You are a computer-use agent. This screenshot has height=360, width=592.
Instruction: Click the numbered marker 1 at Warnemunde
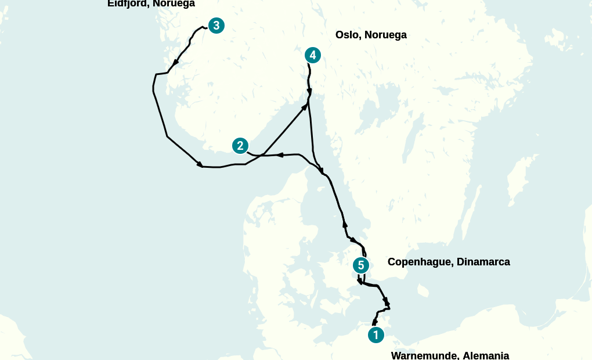pos(376,335)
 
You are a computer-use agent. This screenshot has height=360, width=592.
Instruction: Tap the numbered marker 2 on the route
pos(240,146)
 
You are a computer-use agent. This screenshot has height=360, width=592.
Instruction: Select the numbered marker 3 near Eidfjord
pos(216,26)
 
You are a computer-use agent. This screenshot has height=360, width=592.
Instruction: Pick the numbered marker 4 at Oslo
pos(313,55)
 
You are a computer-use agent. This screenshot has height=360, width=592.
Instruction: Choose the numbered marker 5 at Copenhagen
pos(361,265)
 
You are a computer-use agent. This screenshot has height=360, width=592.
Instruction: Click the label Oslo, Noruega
pos(371,35)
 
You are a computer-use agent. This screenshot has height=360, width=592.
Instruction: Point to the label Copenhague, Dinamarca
pos(449,262)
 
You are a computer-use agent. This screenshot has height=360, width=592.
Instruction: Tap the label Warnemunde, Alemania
pos(450,355)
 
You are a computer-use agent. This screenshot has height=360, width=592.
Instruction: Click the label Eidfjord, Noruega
pos(151,3)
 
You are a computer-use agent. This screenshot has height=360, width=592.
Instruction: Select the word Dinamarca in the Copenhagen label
pos(483,262)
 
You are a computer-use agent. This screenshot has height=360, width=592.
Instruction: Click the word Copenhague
pos(420,262)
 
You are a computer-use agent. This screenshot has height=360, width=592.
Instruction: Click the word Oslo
pos(347,35)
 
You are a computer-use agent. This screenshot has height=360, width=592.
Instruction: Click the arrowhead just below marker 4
pos(309,92)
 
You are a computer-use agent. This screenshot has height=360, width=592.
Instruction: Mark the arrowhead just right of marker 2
pos(279,155)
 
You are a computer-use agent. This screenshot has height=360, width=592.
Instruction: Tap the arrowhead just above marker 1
pos(375,321)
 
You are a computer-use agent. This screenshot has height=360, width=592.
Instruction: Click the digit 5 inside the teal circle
pos(361,265)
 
